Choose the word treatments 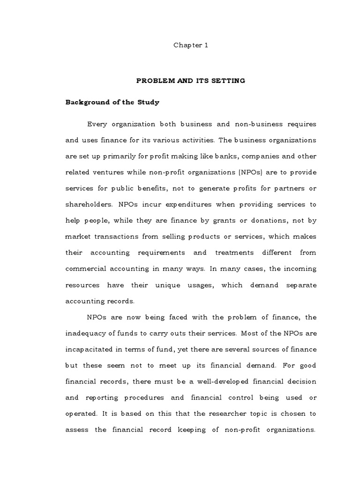tap(235, 252)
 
